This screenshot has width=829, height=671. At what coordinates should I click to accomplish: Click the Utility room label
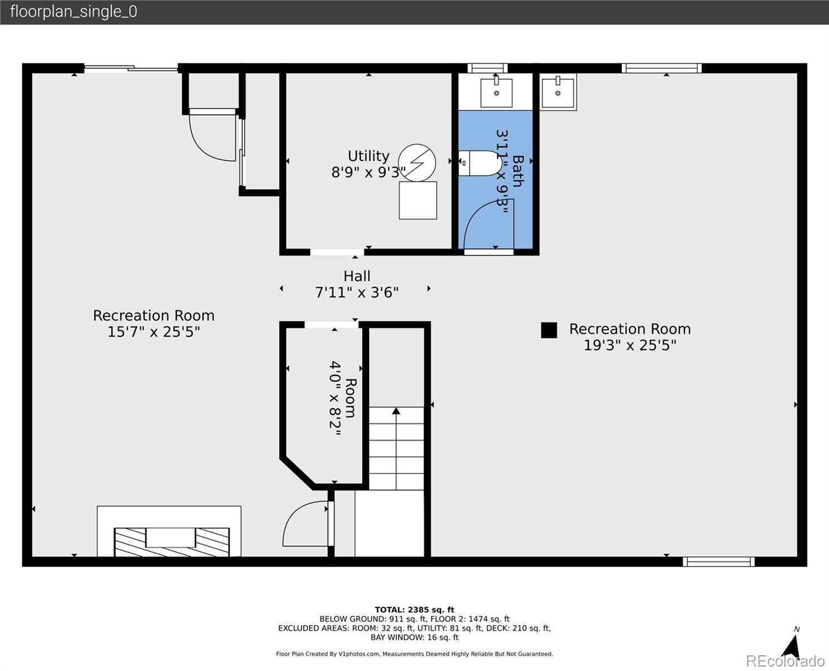point(368,156)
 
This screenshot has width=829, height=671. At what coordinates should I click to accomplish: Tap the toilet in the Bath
point(480,163)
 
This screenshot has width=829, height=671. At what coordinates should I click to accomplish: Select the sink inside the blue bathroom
point(496,93)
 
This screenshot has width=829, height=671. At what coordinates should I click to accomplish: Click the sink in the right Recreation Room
point(558,93)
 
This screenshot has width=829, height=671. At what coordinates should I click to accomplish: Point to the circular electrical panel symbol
point(417,163)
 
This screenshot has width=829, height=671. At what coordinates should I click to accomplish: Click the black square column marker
point(549,330)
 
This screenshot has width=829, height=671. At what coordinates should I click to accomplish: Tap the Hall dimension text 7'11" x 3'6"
point(357,292)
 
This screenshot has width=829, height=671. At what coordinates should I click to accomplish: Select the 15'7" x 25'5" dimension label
point(154,332)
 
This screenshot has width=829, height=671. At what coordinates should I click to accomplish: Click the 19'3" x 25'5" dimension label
point(630,345)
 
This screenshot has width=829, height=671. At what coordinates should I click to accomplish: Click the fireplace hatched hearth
point(171,542)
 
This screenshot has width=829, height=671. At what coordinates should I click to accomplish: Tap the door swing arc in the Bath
point(487,224)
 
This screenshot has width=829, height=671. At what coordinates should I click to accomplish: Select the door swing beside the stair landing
point(306,523)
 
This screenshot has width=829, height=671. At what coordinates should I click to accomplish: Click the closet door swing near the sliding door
point(212,137)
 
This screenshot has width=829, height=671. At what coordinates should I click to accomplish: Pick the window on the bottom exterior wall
point(718,561)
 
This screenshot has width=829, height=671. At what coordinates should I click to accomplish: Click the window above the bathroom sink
point(487,68)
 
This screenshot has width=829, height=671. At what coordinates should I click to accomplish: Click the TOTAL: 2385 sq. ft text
point(414,609)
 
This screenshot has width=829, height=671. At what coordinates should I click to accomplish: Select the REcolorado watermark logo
point(785,660)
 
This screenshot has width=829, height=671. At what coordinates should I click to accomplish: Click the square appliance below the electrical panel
point(418,200)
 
